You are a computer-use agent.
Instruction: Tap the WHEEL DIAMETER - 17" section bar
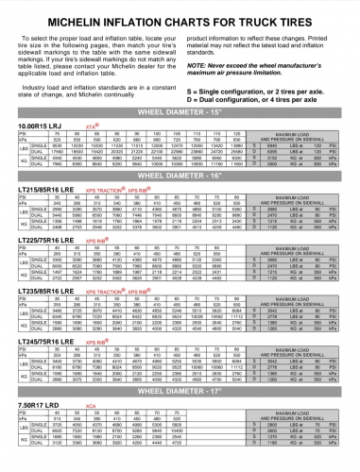(180, 387)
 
